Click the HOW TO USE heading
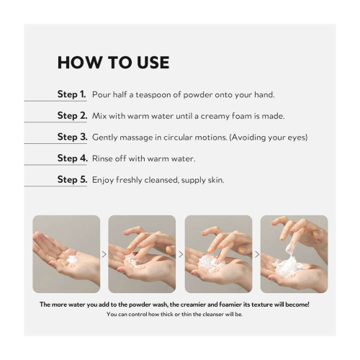point(113,63)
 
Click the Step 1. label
point(72,94)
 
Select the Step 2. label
point(72,115)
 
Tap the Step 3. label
point(72,137)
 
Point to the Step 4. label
point(72,158)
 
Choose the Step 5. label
point(72,179)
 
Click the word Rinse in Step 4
point(104,158)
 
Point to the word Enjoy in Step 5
point(104,179)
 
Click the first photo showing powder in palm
point(66,253)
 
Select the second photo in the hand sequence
point(142,253)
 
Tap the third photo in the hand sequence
point(218,253)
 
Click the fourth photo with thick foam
point(294,253)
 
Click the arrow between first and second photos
point(104,254)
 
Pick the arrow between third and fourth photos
point(256,254)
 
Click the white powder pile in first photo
point(71,258)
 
